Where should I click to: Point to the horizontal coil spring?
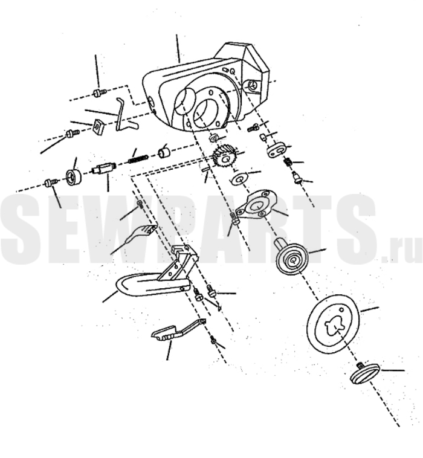click(138, 159)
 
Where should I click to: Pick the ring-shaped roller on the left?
click(73, 177)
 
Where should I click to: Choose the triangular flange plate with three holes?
click(256, 203)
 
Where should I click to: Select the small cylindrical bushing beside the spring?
click(164, 153)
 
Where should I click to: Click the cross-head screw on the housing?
click(254, 85)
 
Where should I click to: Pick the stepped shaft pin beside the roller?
click(103, 169)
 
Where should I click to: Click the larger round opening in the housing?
click(207, 111)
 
